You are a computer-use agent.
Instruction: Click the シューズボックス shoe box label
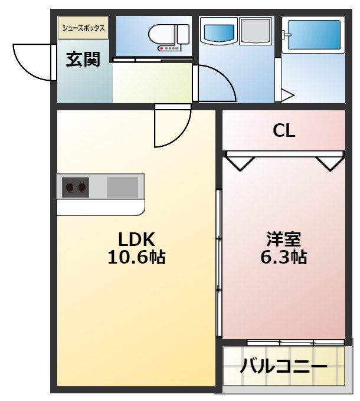(83, 28)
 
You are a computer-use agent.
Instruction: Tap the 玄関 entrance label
(83, 59)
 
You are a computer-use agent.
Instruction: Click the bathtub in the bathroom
(313, 35)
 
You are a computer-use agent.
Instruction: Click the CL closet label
(284, 131)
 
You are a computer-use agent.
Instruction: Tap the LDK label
(136, 239)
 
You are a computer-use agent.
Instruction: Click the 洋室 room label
(284, 239)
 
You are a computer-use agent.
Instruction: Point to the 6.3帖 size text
(284, 257)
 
